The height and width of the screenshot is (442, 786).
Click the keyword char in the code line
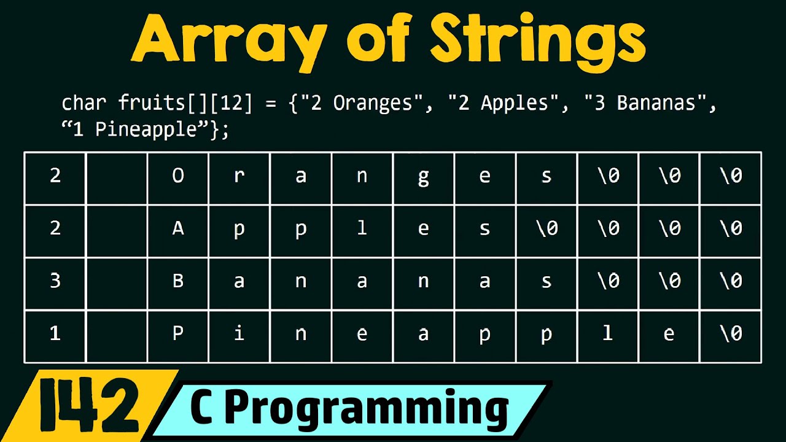coord(85,103)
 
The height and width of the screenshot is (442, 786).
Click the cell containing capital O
coord(178,177)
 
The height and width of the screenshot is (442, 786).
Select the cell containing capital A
coord(178,229)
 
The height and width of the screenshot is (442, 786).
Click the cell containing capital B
coord(178,282)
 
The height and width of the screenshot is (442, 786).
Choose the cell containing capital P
coord(178,335)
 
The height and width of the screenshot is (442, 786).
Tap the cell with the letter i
coord(239,335)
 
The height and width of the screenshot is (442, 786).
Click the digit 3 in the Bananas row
coord(55,282)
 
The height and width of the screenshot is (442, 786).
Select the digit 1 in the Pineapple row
coord(55,335)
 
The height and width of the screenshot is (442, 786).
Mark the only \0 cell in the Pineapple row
coord(731,335)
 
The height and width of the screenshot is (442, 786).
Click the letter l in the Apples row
coord(362,229)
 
